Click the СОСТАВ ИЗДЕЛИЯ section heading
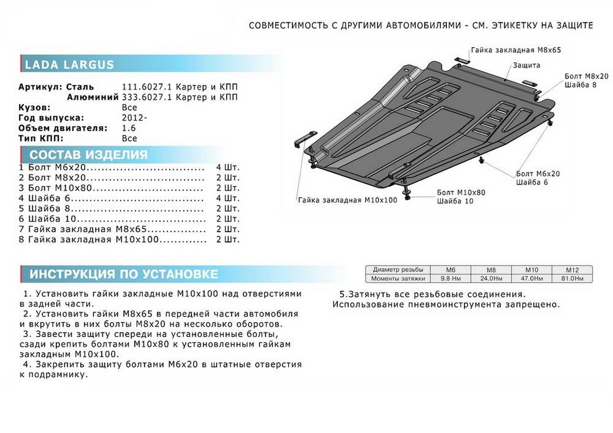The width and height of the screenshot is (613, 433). point(88,155)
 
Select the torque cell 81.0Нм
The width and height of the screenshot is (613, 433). point(572,278)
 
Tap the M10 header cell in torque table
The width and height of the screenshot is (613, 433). point(531,270)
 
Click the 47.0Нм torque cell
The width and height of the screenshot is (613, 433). point(531,278)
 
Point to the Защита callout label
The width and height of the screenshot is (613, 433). point(527,65)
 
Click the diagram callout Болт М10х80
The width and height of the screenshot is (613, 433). point(461,193)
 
